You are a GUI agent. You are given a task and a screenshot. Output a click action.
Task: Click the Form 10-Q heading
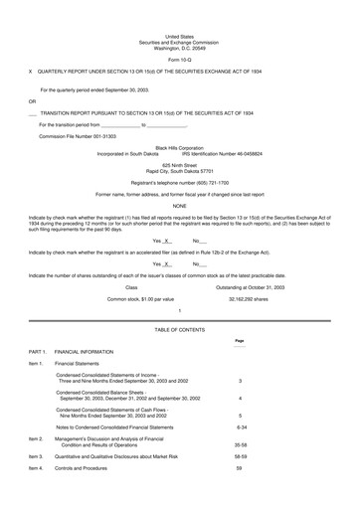[179, 60]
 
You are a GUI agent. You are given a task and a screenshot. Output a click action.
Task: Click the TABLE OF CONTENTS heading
[179, 327]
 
